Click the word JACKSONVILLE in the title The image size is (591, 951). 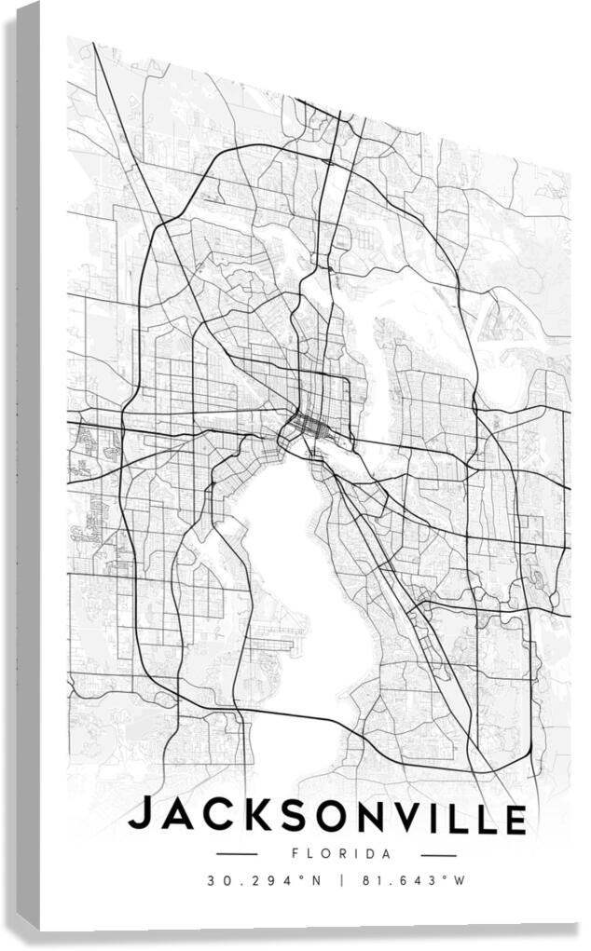[327, 817]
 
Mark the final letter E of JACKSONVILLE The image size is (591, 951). [514, 820]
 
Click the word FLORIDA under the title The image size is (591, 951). [328, 853]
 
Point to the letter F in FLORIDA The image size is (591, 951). [295, 852]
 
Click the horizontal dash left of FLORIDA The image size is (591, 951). [236, 852]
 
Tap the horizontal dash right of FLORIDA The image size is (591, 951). [424, 854]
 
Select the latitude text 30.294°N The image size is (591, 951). [265, 880]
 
